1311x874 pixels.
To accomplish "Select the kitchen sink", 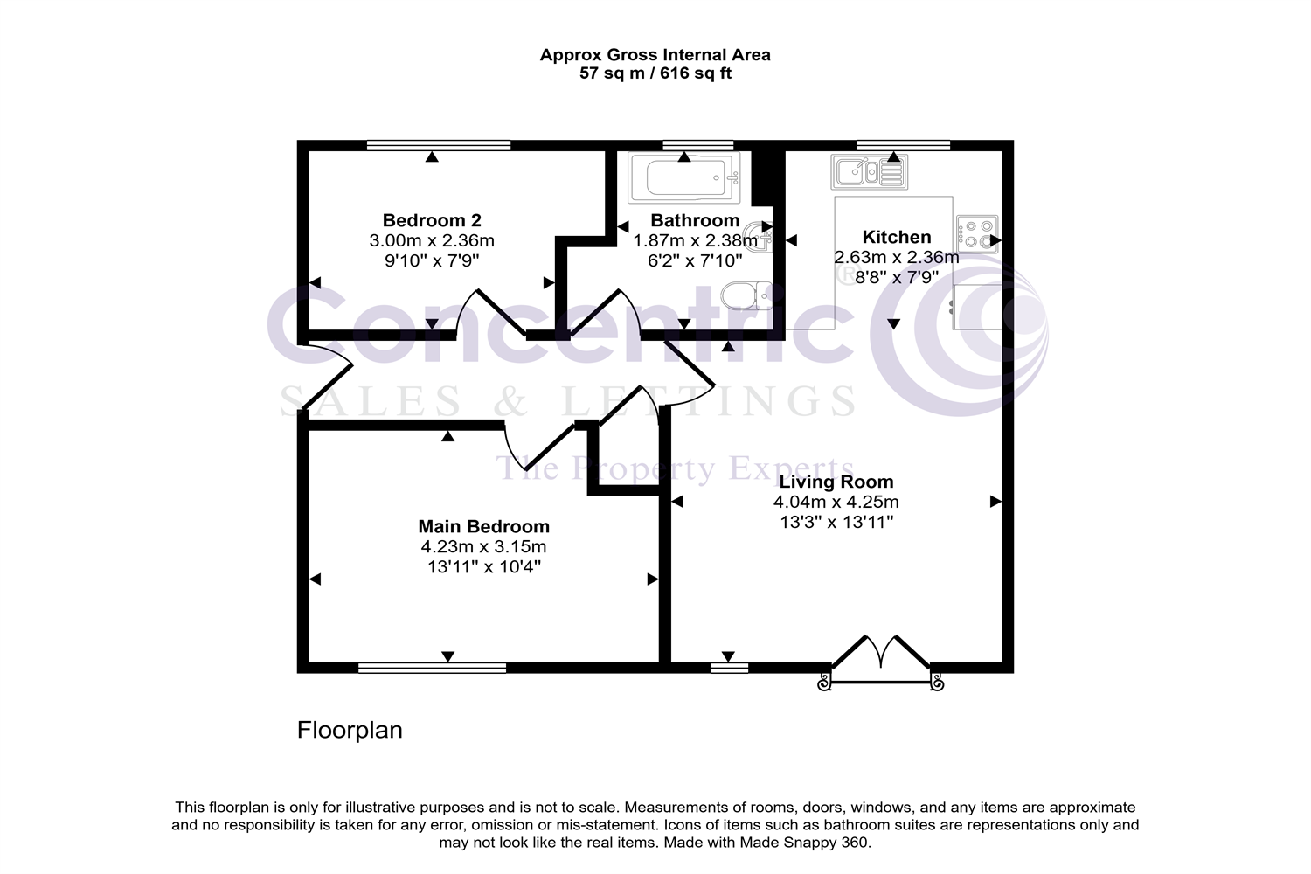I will pyautogui.click(x=869, y=171).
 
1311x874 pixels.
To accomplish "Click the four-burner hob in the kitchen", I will pyautogui.click(x=977, y=233).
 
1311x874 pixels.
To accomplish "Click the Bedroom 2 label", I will pyautogui.click(x=432, y=220).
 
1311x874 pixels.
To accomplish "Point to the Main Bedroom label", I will pyautogui.click(x=483, y=526).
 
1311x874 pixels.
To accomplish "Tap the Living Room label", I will pyautogui.click(x=836, y=482).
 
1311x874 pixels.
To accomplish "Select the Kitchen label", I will pyautogui.click(x=897, y=237).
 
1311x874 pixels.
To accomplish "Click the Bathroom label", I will pyautogui.click(x=695, y=220).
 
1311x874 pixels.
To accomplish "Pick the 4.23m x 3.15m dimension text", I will pyautogui.click(x=483, y=547).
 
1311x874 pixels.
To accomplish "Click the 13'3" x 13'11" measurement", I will pyautogui.click(x=836, y=523).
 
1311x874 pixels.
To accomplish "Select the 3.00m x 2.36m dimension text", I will pyautogui.click(x=432, y=240).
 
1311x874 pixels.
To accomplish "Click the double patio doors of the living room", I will pyautogui.click(x=880, y=658).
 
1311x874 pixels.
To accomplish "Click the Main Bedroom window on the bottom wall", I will pyautogui.click(x=432, y=669).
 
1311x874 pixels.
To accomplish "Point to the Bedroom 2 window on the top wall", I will pyautogui.click(x=438, y=145).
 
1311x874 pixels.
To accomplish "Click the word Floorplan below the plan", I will pyautogui.click(x=350, y=730).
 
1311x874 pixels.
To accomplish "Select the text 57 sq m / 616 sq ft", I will pyautogui.click(x=655, y=73).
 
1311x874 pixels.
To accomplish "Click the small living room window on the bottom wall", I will pyautogui.click(x=729, y=669).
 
